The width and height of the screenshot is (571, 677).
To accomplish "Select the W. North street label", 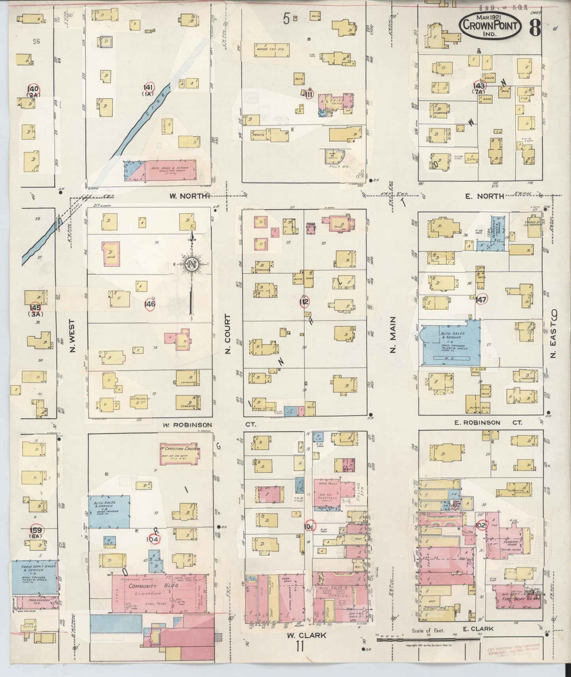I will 188,196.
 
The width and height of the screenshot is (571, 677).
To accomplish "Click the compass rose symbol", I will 191,265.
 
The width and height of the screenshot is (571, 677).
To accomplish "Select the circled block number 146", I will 150,304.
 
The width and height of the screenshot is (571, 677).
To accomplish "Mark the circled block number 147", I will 481,299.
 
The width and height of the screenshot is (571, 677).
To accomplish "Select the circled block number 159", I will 41,530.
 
